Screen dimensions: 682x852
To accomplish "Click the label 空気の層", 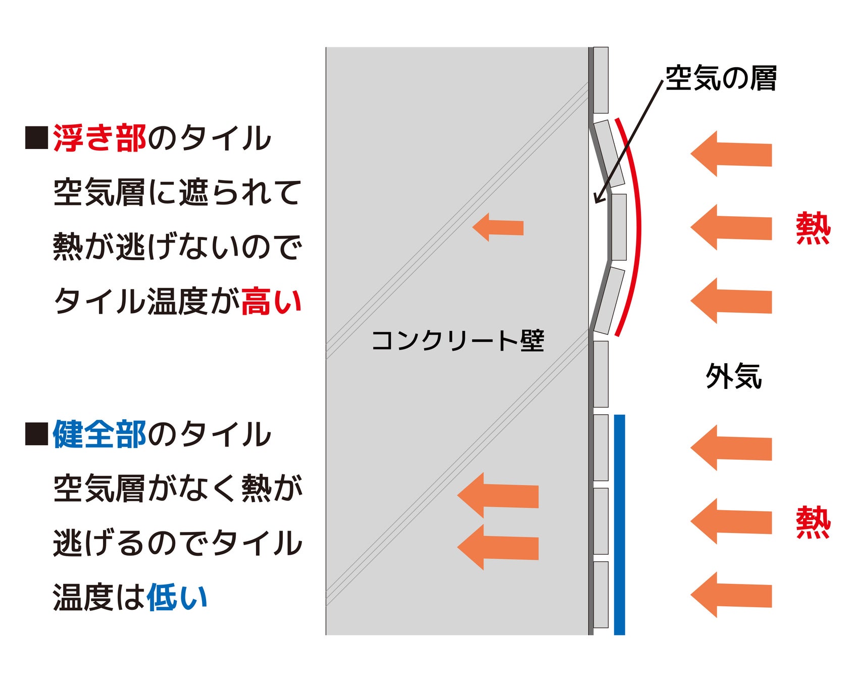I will (x=720, y=78).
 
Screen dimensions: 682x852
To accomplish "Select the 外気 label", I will (x=733, y=376).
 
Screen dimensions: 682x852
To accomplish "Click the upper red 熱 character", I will (x=813, y=228).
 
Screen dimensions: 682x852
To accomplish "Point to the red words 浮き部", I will (x=99, y=138).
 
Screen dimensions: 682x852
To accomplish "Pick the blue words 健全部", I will (x=99, y=434).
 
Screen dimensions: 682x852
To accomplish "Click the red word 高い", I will (x=271, y=302).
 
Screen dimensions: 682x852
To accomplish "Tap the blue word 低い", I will (x=177, y=597).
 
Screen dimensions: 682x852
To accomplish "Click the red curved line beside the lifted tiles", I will (x=639, y=227).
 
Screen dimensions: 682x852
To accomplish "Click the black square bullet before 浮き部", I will (x=36, y=138).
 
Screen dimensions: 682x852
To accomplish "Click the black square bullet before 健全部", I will (x=36, y=434).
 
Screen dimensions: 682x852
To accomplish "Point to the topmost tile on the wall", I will (x=600, y=80).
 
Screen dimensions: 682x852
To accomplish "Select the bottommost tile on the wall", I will (x=600, y=595).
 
